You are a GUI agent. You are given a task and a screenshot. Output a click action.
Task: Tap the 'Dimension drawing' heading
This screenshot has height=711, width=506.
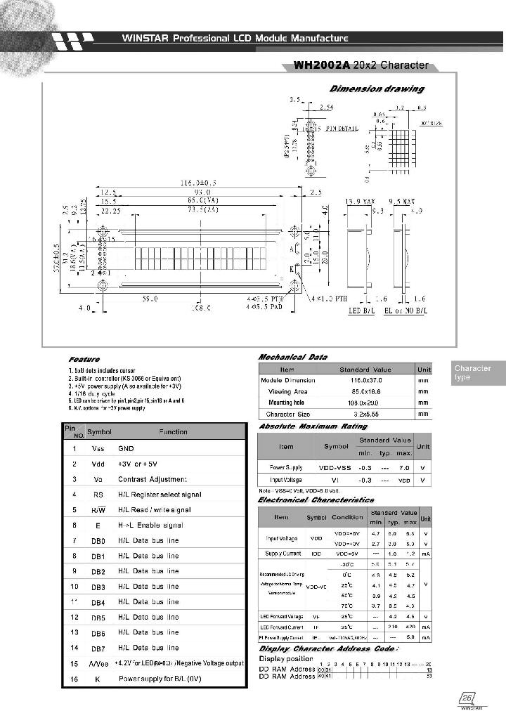[377, 89]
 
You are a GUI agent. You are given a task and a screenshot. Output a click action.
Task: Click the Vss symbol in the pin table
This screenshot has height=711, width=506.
[98, 448]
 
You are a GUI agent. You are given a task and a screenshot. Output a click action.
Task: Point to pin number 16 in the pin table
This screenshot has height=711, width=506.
[74, 679]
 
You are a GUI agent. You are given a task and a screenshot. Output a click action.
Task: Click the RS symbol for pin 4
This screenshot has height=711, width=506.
[98, 495]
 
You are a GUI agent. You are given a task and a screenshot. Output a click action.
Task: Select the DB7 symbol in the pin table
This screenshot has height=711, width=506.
[98, 648]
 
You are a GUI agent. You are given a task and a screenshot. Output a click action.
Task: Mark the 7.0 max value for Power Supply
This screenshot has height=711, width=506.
[403, 467]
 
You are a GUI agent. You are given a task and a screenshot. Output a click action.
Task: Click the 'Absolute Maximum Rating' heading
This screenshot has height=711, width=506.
[313, 426]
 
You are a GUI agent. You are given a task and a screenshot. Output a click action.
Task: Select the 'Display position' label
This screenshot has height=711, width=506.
[286, 658]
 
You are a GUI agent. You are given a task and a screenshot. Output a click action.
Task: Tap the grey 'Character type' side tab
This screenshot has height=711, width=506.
[473, 373]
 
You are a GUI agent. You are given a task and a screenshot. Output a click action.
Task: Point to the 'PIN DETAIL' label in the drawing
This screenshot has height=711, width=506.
[342, 129]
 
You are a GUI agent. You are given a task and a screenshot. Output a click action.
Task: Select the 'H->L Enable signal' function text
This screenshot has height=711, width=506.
[150, 526]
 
